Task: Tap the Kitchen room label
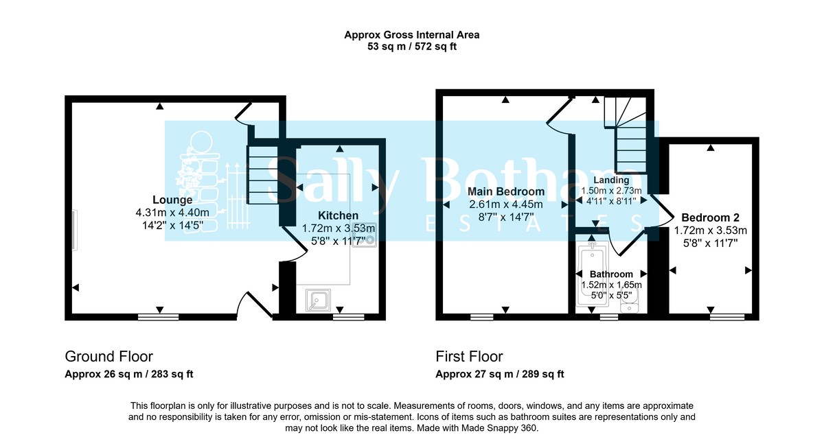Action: click(338, 215)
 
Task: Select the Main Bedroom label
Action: click(506, 191)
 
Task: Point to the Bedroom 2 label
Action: click(710, 217)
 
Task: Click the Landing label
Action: click(611, 180)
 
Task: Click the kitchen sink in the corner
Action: click(318, 300)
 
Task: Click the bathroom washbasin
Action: click(630, 303)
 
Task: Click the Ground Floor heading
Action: click(108, 357)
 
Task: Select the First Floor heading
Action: click(469, 357)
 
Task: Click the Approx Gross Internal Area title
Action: click(412, 35)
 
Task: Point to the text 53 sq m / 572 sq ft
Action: click(412, 47)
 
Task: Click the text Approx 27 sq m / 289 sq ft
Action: click(500, 374)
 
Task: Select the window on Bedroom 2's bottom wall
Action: click(726, 317)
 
